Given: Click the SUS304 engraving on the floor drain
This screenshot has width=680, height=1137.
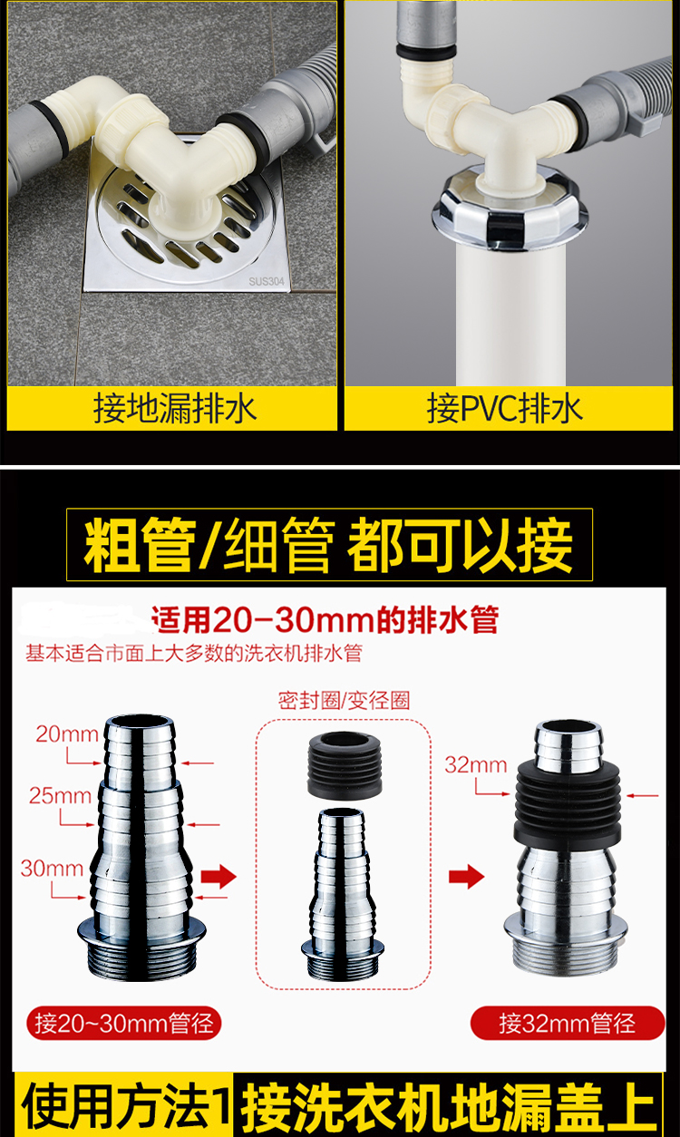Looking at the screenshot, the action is click(x=267, y=281).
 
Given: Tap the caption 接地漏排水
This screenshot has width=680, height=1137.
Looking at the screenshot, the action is click(x=175, y=409).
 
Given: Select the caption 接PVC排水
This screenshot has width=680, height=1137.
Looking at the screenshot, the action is click(x=504, y=409).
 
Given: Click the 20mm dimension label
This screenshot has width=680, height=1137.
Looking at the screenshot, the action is click(x=66, y=734).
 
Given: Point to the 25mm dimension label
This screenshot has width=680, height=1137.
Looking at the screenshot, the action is click(x=60, y=795).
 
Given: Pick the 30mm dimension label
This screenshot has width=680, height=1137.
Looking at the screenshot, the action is click(x=52, y=869).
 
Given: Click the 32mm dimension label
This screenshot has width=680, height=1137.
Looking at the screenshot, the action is click(x=475, y=765).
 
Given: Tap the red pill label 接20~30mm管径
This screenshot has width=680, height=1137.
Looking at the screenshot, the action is click(x=124, y=1023).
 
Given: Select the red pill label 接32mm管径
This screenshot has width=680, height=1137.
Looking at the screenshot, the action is click(x=567, y=1023).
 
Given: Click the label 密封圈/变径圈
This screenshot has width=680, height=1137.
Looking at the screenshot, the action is click(x=344, y=701).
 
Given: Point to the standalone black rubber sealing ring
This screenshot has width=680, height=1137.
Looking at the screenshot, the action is click(x=345, y=765).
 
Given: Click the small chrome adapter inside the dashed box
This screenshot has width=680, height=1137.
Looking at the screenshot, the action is click(x=343, y=892).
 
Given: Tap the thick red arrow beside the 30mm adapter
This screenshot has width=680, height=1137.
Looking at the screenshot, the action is click(x=219, y=877).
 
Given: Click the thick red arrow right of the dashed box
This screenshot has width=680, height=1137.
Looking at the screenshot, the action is click(x=466, y=877).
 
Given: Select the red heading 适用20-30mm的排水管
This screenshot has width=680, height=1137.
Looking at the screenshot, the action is click(x=325, y=620).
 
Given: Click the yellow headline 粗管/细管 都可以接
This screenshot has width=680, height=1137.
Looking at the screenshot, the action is click(x=329, y=545).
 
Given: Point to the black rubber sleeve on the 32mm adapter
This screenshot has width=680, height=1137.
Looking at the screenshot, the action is click(x=568, y=803).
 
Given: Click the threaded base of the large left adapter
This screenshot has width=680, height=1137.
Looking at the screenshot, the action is click(x=141, y=958).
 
